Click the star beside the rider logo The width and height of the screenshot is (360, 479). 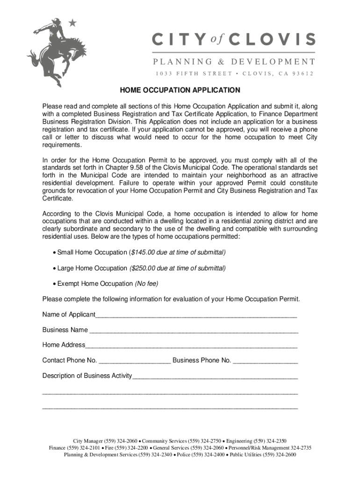pos(72,22)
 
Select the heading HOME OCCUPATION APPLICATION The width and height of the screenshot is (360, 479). pos(180,90)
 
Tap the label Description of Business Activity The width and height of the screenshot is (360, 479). pos(87,376)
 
